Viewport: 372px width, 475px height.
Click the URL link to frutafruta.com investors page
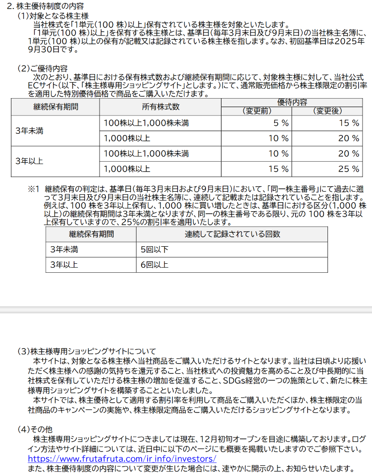tap(122, 458)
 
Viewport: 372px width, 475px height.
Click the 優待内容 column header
tap(292, 102)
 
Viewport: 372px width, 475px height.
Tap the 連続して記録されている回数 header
tap(232, 234)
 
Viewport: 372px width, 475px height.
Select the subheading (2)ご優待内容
tap(42, 68)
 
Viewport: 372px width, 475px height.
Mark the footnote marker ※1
tap(33, 189)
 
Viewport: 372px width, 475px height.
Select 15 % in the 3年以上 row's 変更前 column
tap(279, 169)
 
